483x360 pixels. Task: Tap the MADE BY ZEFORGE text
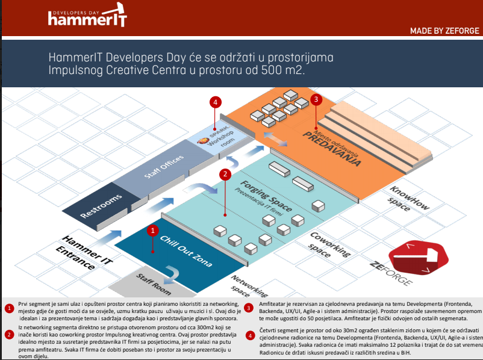pos(444,31)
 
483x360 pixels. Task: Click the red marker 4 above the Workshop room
pos(214,102)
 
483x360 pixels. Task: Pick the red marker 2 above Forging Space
pos(225,175)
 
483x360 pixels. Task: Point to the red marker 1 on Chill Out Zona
pos(153,230)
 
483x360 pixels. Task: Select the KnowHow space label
pos(410,199)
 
